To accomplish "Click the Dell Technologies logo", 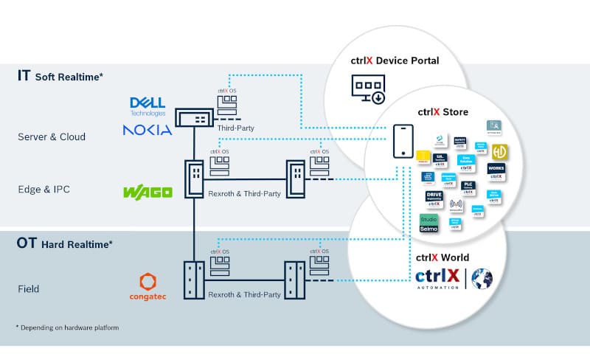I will [147, 105].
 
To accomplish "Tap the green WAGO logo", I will [147, 192].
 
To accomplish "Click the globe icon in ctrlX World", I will [482, 277].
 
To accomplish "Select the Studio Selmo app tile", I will [428, 224].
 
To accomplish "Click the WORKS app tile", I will [496, 172].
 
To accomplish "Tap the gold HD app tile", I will [499, 151].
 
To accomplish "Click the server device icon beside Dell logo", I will [194, 118].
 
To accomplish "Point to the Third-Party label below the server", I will [237, 128].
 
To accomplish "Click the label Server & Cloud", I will [52, 136].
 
